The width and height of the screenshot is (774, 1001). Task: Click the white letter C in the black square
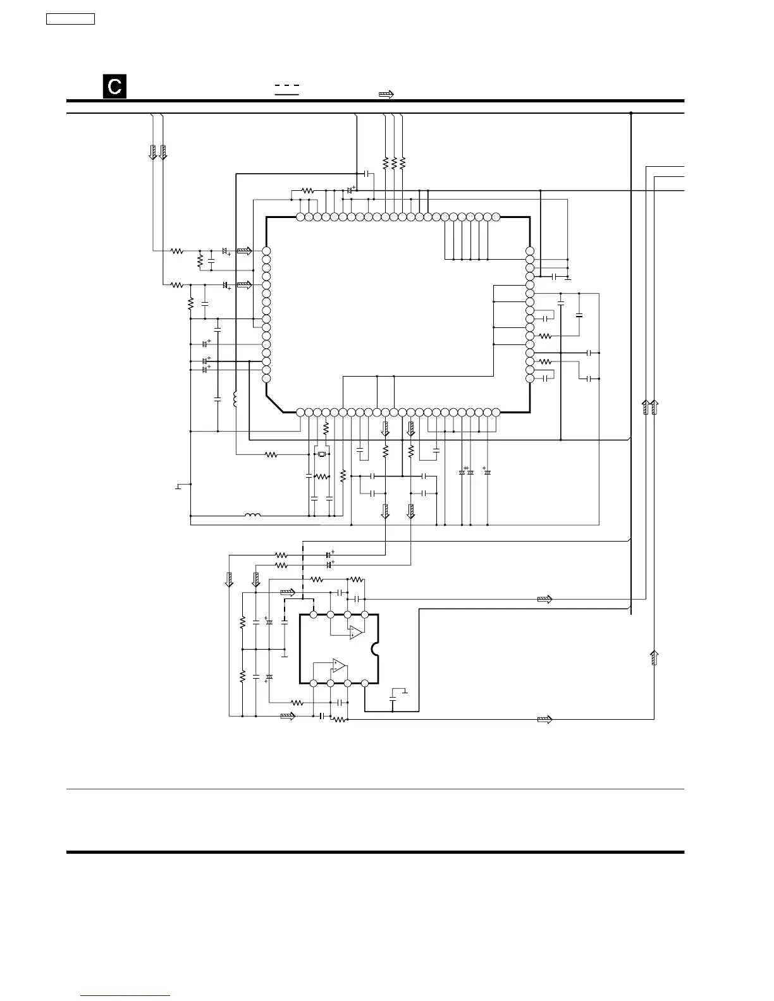click(114, 87)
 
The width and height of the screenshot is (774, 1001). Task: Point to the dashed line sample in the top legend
click(286, 85)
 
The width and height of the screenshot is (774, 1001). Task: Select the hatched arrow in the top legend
click(386, 94)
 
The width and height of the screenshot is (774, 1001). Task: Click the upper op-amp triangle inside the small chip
click(355, 632)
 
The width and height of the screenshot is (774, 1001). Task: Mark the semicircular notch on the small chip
click(376, 648)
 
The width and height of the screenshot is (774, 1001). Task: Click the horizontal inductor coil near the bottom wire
click(252, 516)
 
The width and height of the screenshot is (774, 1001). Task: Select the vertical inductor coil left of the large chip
click(235, 399)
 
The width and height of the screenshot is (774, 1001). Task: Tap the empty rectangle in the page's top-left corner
click(71, 18)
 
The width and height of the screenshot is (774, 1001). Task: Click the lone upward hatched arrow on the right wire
click(654, 657)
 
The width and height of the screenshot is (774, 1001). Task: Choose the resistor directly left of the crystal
click(271, 454)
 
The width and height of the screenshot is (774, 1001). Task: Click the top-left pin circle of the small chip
click(314, 614)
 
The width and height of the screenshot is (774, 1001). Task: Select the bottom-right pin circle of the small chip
click(365, 683)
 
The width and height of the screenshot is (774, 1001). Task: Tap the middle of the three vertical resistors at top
click(394, 162)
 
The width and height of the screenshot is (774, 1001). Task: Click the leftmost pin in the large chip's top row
click(300, 217)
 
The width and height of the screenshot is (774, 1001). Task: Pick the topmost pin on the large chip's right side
click(530, 251)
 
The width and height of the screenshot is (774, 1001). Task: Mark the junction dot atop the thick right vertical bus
click(631, 114)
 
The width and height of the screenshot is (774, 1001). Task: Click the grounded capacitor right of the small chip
click(393, 700)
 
